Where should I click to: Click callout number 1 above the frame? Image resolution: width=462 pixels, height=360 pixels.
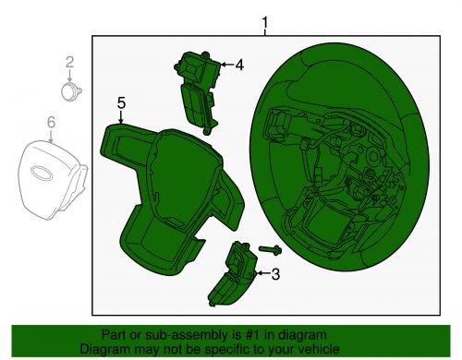pyautogui.click(x=265, y=21)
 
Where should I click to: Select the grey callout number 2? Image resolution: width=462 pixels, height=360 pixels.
pyautogui.click(x=68, y=62)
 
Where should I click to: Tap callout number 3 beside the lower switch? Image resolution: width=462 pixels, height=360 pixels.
pyautogui.click(x=274, y=273)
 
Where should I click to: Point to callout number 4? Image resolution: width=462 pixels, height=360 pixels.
pyautogui.click(x=238, y=65)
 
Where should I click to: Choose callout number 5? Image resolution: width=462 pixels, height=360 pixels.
pyautogui.click(x=121, y=103)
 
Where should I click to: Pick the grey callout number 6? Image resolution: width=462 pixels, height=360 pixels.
pyautogui.click(x=51, y=121)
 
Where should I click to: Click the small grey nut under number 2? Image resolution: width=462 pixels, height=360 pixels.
pyautogui.click(x=69, y=90)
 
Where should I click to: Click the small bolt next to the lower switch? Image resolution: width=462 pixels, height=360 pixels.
pyautogui.click(x=270, y=249)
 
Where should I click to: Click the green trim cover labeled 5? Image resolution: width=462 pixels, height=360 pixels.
pyautogui.click(x=166, y=194)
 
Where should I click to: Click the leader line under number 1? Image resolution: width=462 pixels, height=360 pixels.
pyautogui.click(x=265, y=32)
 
